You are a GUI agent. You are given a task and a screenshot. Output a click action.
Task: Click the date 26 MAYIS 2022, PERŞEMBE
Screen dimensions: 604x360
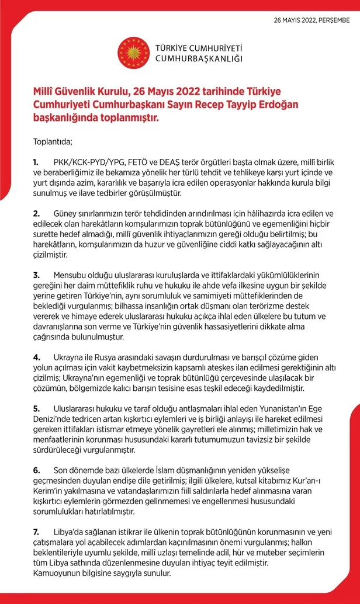pos(311,20)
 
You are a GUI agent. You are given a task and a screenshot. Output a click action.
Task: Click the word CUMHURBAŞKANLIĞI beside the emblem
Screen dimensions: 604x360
pos(199,58)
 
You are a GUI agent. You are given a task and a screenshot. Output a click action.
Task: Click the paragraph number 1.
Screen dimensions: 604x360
pos(36,161)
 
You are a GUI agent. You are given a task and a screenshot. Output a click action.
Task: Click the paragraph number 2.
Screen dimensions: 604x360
pos(36,213)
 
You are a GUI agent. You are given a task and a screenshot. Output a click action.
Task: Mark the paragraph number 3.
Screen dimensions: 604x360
pos(36,275)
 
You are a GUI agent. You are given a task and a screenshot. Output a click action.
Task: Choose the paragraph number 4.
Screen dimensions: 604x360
pos(36,357)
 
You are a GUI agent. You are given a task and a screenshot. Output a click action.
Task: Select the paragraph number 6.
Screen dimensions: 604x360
pos(36,470)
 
